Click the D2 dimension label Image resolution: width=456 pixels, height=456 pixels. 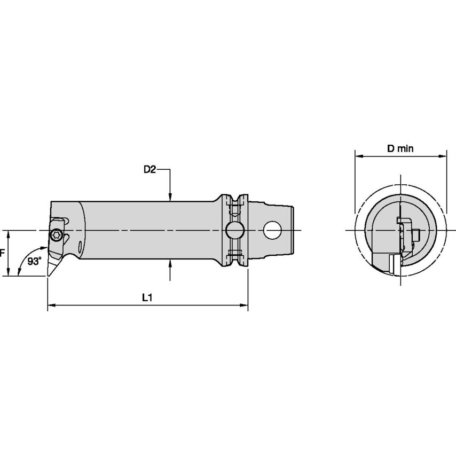pos(150,169)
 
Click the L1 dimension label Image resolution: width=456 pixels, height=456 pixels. pos(147,297)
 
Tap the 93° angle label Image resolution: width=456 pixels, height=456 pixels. pos(35,261)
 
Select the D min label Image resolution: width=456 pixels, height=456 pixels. pos(400,148)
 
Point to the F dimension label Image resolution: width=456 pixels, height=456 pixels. pos(2,253)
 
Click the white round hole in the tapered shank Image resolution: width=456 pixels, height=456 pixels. pos(272,230)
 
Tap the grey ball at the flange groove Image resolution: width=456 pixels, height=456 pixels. pos(235,230)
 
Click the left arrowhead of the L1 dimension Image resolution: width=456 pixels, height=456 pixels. pos(51,305)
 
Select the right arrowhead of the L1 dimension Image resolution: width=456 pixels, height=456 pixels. pos(244,305)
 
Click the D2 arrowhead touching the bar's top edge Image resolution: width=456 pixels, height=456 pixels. pos(170,197)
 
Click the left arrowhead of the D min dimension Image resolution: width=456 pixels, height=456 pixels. pos(359,156)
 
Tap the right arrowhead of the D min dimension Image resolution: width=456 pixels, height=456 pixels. pos(442,156)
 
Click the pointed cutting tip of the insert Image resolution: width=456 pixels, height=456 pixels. pos(48,276)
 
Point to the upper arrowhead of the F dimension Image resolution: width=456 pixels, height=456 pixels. pos(9,234)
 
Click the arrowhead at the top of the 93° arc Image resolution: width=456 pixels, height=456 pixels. pos(44,248)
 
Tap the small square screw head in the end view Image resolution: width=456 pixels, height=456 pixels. pos(417,235)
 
